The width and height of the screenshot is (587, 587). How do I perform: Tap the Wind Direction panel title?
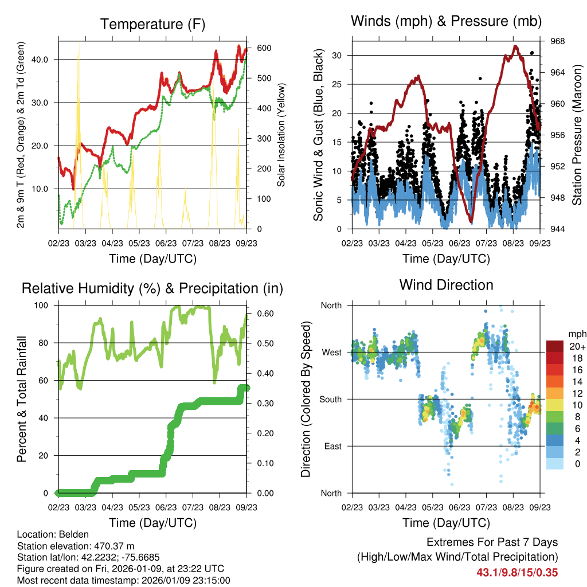446,285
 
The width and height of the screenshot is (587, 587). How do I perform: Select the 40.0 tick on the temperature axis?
46,60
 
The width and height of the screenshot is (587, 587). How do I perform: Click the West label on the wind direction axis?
331,352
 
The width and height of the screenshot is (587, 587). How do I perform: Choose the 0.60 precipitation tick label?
260,314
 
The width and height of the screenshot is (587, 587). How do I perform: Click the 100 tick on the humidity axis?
44,305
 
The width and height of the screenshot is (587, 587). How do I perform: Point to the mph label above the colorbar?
576,334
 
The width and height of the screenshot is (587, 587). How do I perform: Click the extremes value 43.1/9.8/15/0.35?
517,572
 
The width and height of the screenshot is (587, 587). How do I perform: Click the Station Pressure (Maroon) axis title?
577,135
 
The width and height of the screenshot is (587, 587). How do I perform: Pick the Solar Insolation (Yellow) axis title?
281,135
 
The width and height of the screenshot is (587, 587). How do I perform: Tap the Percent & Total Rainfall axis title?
22,399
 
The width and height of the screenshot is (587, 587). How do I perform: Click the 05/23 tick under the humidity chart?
139,508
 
